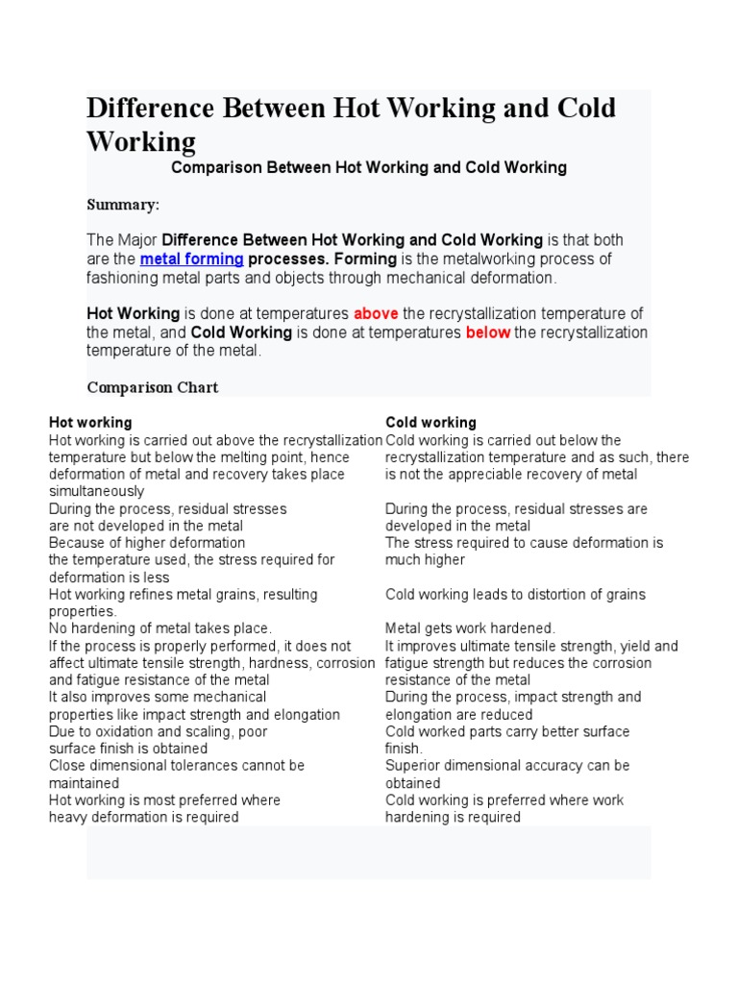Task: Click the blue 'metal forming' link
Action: (x=191, y=259)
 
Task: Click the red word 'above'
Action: (x=376, y=314)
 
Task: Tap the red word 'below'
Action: (x=488, y=332)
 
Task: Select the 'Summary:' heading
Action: (x=123, y=205)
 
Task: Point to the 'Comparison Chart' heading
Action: (x=153, y=387)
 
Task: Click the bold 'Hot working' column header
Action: (x=90, y=423)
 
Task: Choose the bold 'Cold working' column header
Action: (x=430, y=423)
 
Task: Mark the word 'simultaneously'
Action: (x=96, y=492)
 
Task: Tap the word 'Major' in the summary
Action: (x=137, y=240)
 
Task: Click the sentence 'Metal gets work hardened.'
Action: (x=470, y=628)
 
